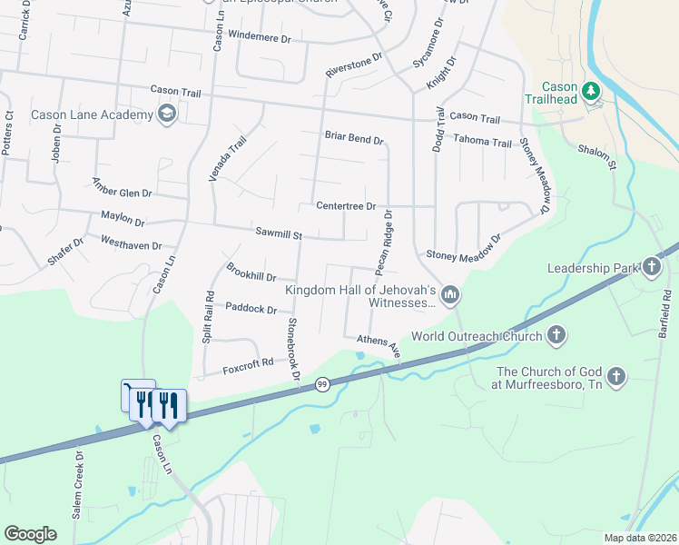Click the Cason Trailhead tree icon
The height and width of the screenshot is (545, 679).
(x=592, y=91)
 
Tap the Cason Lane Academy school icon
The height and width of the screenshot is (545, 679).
(x=166, y=114)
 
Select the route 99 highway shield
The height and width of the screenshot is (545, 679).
(x=322, y=385)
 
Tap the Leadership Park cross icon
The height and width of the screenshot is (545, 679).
(x=652, y=267)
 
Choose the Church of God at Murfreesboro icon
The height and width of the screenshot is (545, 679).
(x=616, y=376)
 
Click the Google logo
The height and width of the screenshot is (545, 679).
(x=30, y=534)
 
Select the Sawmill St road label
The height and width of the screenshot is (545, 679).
(x=278, y=234)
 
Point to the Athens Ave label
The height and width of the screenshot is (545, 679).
(x=379, y=343)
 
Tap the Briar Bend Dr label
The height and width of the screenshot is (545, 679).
(x=354, y=138)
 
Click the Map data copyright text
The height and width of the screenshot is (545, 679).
(x=640, y=538)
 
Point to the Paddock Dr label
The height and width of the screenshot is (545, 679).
(x=251, y=309)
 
